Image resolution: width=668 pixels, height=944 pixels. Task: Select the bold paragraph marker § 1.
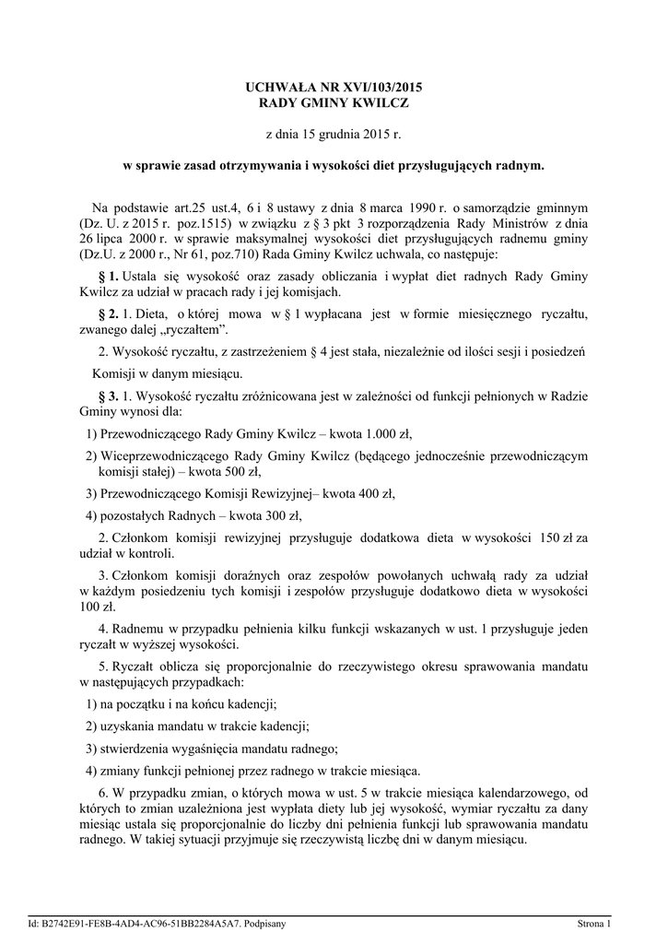(108, 277)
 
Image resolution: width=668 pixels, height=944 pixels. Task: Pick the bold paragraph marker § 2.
(108, 314)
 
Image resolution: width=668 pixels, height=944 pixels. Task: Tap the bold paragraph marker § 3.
(108, 396)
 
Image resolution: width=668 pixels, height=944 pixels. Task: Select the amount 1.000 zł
(389, 433)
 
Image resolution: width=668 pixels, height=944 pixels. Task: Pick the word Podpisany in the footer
(264, 923)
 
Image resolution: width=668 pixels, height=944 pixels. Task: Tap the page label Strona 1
(594, 923)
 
